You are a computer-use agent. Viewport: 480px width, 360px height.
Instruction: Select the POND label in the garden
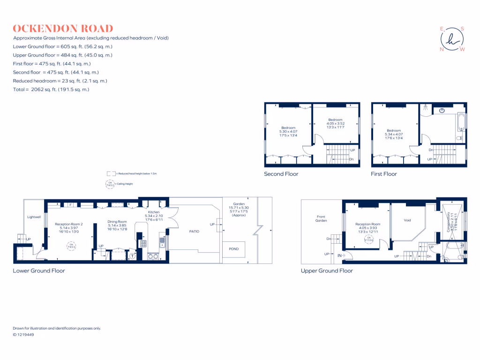(233, 249)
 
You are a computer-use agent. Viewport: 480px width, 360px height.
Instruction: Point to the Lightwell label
(34, 217)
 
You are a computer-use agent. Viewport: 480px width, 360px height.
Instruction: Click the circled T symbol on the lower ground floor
(132, 256)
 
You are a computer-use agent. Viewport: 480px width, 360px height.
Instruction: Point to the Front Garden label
(321, 218)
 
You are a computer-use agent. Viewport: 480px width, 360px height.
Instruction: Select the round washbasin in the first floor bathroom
(442, 111)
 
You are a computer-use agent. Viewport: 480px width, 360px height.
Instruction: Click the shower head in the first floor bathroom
(425, 107)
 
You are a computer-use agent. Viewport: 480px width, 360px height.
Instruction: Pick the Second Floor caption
(281, 174)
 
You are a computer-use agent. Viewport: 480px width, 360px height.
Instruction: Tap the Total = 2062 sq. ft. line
(51, 89)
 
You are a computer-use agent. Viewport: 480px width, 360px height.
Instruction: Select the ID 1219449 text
(23, 335)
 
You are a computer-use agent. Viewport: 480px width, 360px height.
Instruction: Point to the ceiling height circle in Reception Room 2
(71, 245)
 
